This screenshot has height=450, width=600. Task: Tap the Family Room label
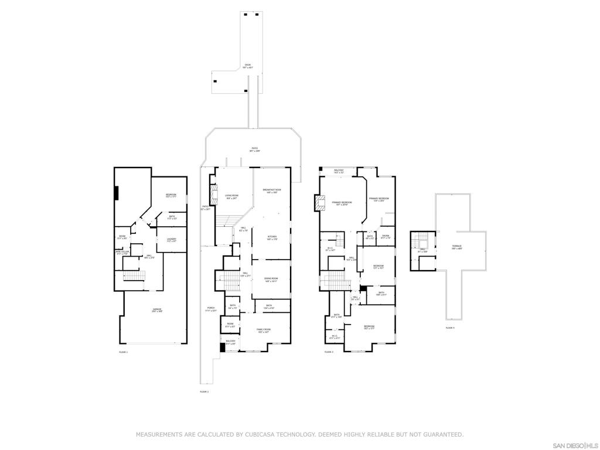point(264,330)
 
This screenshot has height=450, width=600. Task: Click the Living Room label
point(231,197)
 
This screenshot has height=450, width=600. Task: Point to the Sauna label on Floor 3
point(385,237)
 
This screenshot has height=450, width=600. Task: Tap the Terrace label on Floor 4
point(456,247)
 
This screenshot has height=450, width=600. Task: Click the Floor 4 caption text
point(450,328)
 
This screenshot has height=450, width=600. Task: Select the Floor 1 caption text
point(123,352)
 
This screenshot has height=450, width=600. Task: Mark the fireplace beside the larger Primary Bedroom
point(319,203)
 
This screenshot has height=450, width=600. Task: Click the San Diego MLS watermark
point(575,445)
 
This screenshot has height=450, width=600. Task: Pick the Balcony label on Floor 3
point(338,171)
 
